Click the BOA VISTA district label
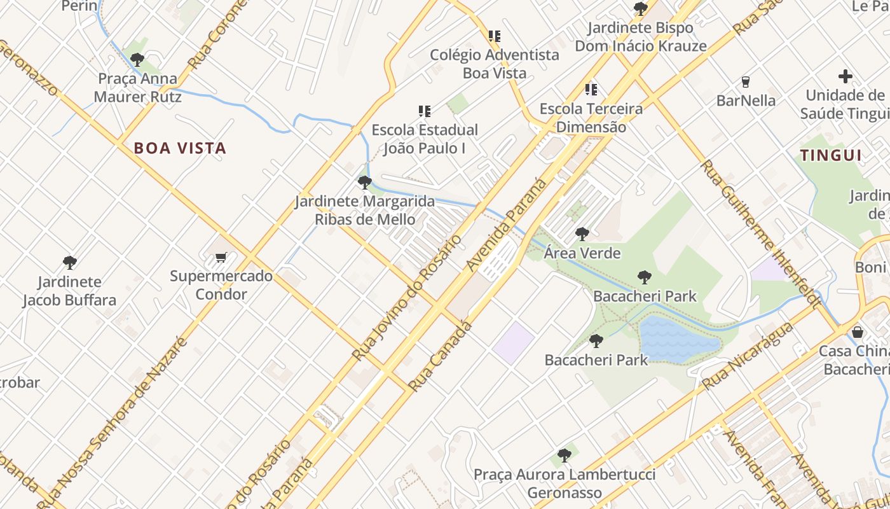click(x=180, y=148)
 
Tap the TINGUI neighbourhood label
click(x=830, y=155)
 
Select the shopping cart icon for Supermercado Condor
click(x=221, y=257)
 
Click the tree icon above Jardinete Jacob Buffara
click(x=70, y=262)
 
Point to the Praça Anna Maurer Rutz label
click(x=138, y=88)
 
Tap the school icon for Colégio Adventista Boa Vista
click(x=494, y=36)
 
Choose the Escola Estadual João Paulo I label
click(x=425, y=139)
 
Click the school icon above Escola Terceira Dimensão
click(x=591, y=89)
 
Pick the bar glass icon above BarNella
click(x=746, y=81)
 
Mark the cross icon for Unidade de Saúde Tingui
click(x=845, y=76)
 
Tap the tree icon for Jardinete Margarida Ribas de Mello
click(x=364, y=183)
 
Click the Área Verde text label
click(x=582, y=253)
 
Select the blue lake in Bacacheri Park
click(x=678, y=340)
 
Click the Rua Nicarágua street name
click(x=748, y=356)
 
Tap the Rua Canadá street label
click(x=441, y=356)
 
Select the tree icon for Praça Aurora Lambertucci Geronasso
click(x=564, y=455)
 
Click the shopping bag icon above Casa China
click(x=858, y=331)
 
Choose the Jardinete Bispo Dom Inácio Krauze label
click(x=640, y=37)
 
